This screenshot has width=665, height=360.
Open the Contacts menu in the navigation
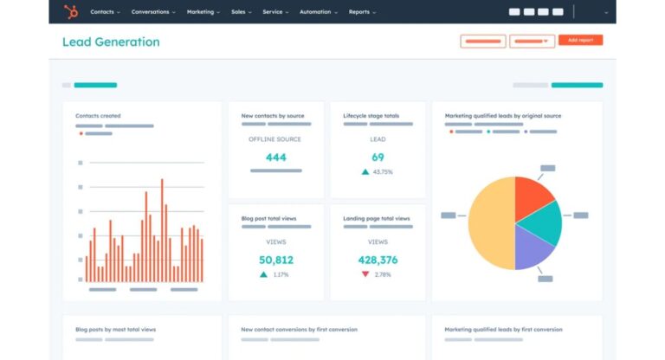(x=104, y=12)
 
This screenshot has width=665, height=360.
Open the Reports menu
(x=360, y=12)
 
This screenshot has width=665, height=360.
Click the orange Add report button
(x=580, y=41)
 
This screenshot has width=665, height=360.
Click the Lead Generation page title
(x=111, y=42)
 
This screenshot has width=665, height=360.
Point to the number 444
(x=276, y=157)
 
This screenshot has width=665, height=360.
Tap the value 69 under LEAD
(x=378, y=157)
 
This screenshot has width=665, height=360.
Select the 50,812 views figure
(x=276, y=260)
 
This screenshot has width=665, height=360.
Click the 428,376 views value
(x=378, y=260)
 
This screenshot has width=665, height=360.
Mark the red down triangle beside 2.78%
(x=365, y=274)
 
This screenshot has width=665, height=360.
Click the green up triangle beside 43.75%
(x=365, y=172)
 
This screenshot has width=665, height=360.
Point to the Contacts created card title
(x=98, y=116)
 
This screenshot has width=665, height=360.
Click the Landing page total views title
(x=377, y=219)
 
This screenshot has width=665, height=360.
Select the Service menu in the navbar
(x=274, y=12)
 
